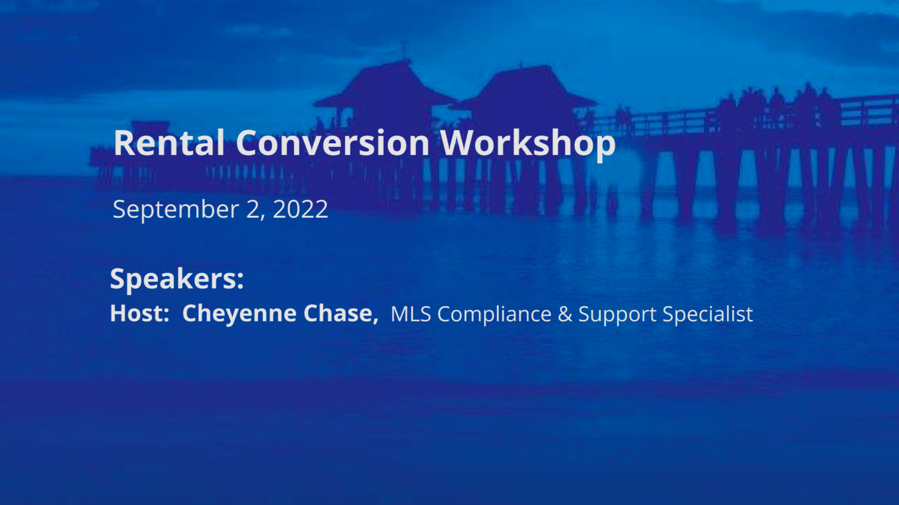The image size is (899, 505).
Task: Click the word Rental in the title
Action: tap(169, 143)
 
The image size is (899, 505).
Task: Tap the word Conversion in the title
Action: tap(332, 143)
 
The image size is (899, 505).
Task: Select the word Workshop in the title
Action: tap(528, 144)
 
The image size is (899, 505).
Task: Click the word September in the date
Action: tap(176, 210)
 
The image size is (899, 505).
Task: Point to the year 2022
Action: tap(300, 209)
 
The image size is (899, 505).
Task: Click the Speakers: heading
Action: tap(177, 279)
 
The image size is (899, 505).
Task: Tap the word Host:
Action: tap(140, 313)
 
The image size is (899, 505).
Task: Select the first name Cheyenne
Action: tap(239, 314)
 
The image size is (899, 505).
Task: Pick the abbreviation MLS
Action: tap(411, 314)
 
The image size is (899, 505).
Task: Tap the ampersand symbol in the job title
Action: tap(565, 314)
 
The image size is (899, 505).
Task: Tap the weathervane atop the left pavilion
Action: tap(405, 49)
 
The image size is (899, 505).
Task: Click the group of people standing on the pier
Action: tap(777, 105)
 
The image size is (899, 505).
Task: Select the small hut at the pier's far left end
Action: tap(150, 128)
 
